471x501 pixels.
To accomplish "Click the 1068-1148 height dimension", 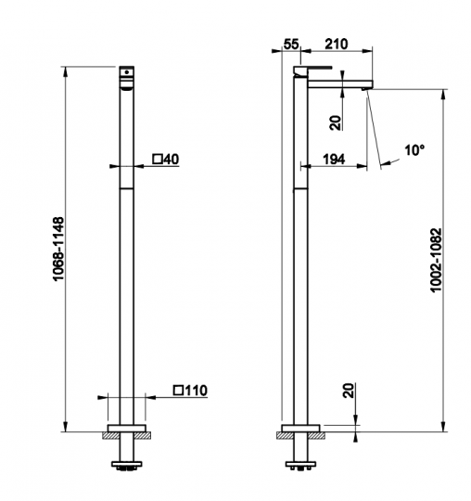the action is pos(58,249).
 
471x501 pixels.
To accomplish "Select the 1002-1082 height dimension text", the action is pos(436,260).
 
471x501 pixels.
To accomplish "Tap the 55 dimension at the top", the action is pos(291,45).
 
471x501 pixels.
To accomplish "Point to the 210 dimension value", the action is pos(337,45).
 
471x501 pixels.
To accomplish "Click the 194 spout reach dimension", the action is pos(334,159).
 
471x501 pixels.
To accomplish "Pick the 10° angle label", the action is pos(414,150).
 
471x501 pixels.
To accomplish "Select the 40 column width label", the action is pos(172,159).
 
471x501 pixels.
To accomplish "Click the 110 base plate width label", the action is pos(196,390).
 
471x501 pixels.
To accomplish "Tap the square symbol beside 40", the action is pos(158,159).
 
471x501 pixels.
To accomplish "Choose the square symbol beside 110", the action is pos(179,390).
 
